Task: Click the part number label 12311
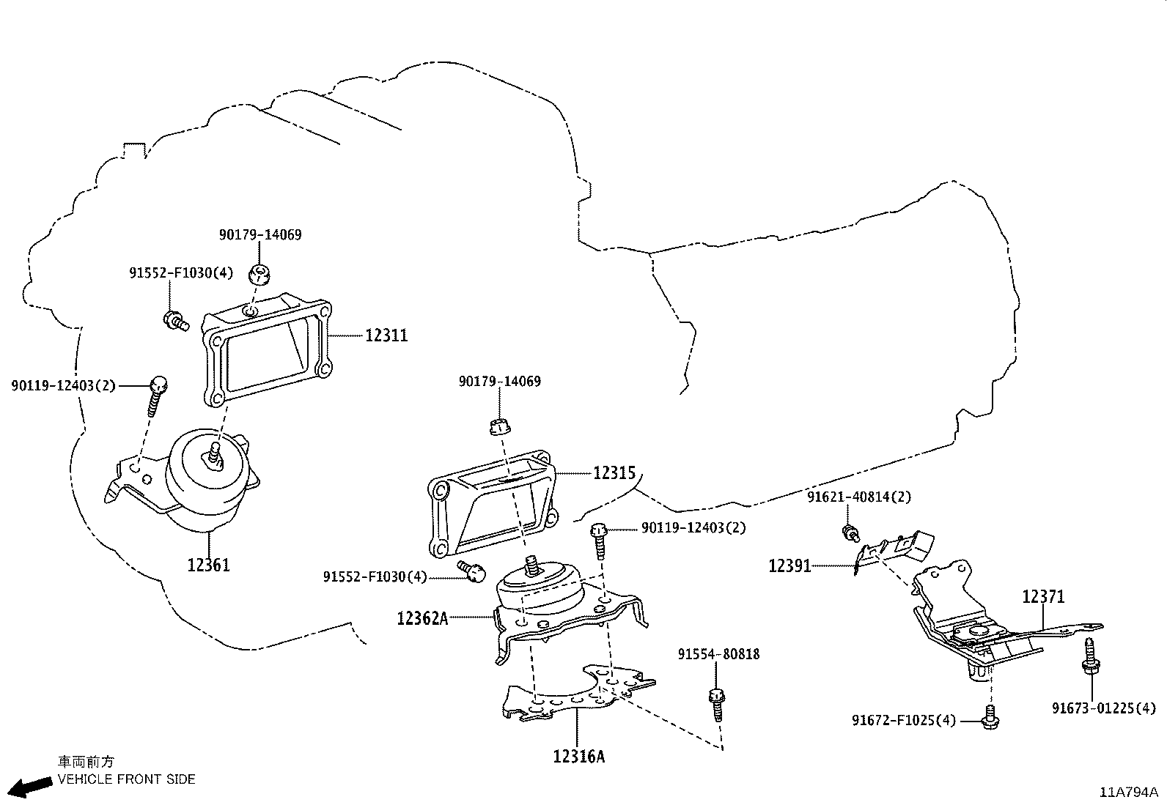[386, 335]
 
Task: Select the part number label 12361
[208, 565]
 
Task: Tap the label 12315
[614, 473]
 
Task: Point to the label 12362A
[422, 618]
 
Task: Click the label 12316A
[579, 756]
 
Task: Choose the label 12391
[789, 566]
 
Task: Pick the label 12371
[1043, 597]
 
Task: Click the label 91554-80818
[718, 654]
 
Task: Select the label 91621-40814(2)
[859, 497]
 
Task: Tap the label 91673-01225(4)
[1103, 708]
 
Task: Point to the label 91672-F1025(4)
[904, 720]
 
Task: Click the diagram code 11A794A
[1127, 792]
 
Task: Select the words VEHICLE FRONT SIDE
[127, 779]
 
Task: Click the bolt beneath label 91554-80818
[716, 704]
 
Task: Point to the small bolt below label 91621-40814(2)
[850, 533]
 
